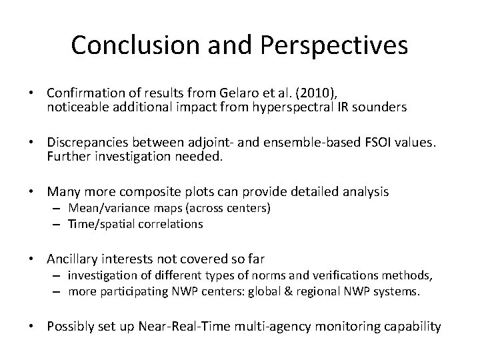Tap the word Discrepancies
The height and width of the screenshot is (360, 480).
click(87, 143)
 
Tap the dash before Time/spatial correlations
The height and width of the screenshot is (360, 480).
click(59, 224)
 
